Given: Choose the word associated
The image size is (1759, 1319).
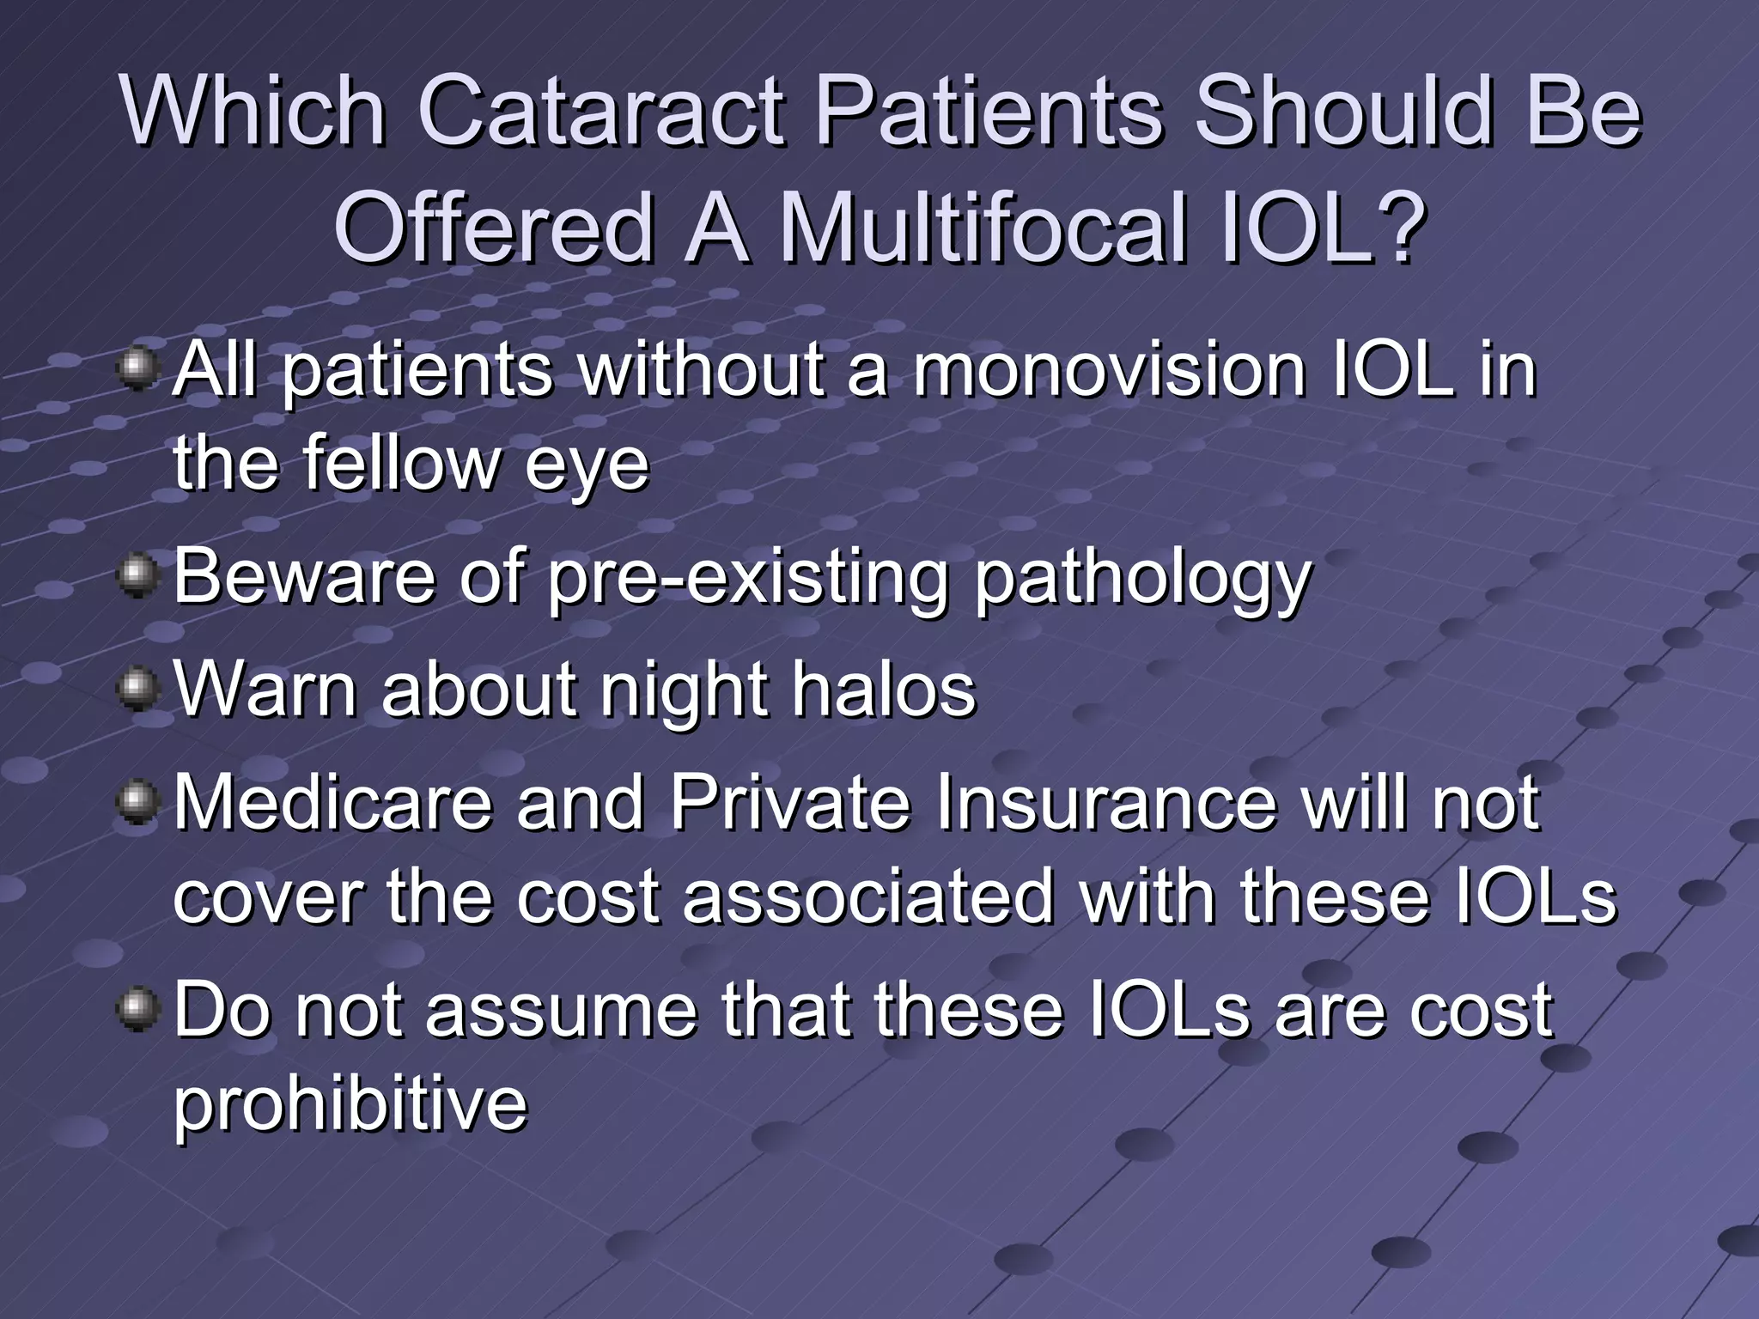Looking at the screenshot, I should (867, 898).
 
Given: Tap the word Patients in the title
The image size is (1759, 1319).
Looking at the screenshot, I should (988, 112).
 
